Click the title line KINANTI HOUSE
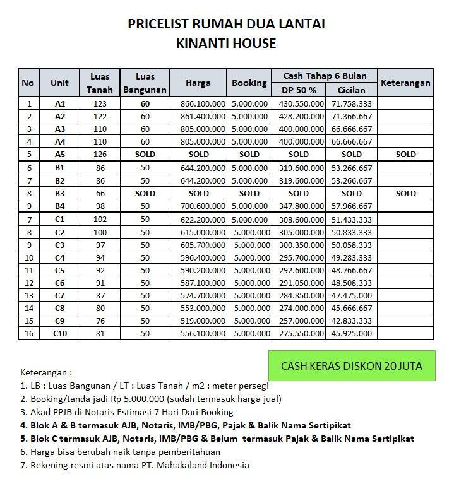point(227,44)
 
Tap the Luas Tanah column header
point(99,83)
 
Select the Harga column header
point(198,83)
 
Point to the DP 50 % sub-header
point(299,90)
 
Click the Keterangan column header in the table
point(405,83)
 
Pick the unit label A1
point(60,103)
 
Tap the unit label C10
point(60,334)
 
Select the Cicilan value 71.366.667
point(352,117)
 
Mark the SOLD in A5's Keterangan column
point(405,155)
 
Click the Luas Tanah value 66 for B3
point(99,194)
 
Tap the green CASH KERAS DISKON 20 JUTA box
point(351,366)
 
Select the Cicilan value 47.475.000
point(352,296)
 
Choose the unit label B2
point(60,180)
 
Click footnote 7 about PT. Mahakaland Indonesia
point(134,466)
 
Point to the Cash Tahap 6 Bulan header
point(325,76)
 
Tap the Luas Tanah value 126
point(99,155)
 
